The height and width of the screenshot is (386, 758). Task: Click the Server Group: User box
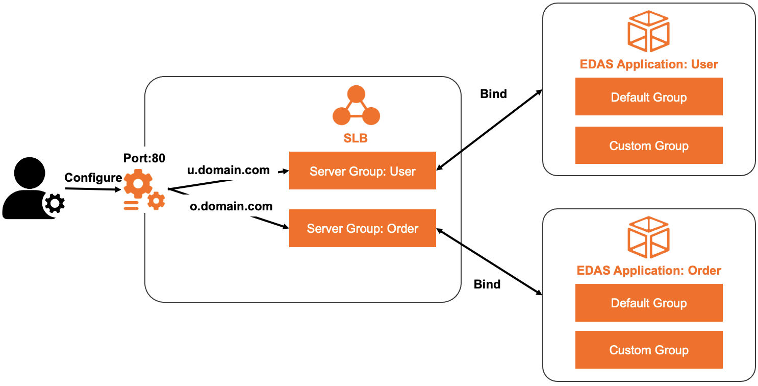362,171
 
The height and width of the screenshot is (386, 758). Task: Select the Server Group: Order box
362,228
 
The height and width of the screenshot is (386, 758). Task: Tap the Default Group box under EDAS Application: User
648,97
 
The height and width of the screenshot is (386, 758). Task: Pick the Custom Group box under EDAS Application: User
648,146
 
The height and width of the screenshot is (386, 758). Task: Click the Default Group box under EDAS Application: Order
648,303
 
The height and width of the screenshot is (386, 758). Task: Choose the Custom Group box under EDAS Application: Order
648,350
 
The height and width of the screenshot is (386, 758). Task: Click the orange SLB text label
356,138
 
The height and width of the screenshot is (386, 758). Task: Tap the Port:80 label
144,158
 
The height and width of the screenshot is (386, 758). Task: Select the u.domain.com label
229,171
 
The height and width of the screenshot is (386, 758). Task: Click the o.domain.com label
231,207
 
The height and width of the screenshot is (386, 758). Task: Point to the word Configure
93,178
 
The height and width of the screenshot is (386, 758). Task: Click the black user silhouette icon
28,189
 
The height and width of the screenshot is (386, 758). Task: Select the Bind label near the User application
493,94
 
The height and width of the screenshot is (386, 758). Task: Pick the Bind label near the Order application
487,284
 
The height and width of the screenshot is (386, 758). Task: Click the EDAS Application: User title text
648,64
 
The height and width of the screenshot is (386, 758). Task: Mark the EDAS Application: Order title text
648,271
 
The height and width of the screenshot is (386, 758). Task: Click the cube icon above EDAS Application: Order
648,238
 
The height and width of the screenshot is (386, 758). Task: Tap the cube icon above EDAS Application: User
648,32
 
